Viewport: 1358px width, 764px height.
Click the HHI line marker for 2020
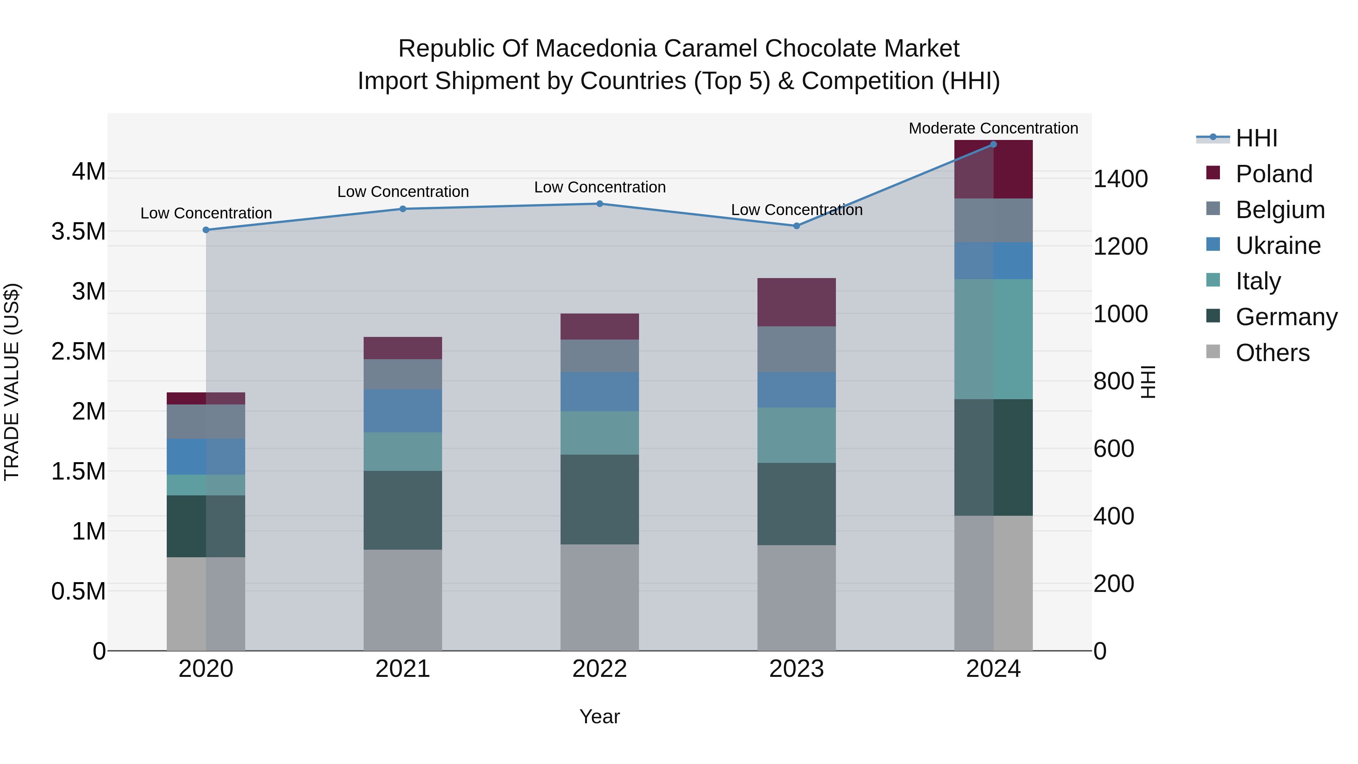(206, 230)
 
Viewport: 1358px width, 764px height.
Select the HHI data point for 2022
(599, 203)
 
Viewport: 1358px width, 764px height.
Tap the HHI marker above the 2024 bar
(993, 144)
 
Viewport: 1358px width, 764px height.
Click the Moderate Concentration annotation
(993, 128)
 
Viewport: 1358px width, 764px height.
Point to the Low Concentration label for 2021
(403, 191)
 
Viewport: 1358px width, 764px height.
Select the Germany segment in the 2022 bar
(599, 499)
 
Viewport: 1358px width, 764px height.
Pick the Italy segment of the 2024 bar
(993, 339)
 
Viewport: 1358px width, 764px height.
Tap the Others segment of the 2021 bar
(403, 600)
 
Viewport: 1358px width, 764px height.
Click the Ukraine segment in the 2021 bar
(403, 411)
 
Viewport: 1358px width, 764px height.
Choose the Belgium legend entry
(1280, 210)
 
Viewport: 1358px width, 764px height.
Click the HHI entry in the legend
(1256, 138)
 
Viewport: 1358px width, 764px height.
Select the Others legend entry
(1272, 353)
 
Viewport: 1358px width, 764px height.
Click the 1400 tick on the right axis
(1120, 179)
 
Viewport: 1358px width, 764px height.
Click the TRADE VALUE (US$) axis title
(12, 382)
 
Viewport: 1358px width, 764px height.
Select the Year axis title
(599, 716)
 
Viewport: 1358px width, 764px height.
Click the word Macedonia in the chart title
(595, 49)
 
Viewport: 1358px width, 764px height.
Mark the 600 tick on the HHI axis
(1114, 449)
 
